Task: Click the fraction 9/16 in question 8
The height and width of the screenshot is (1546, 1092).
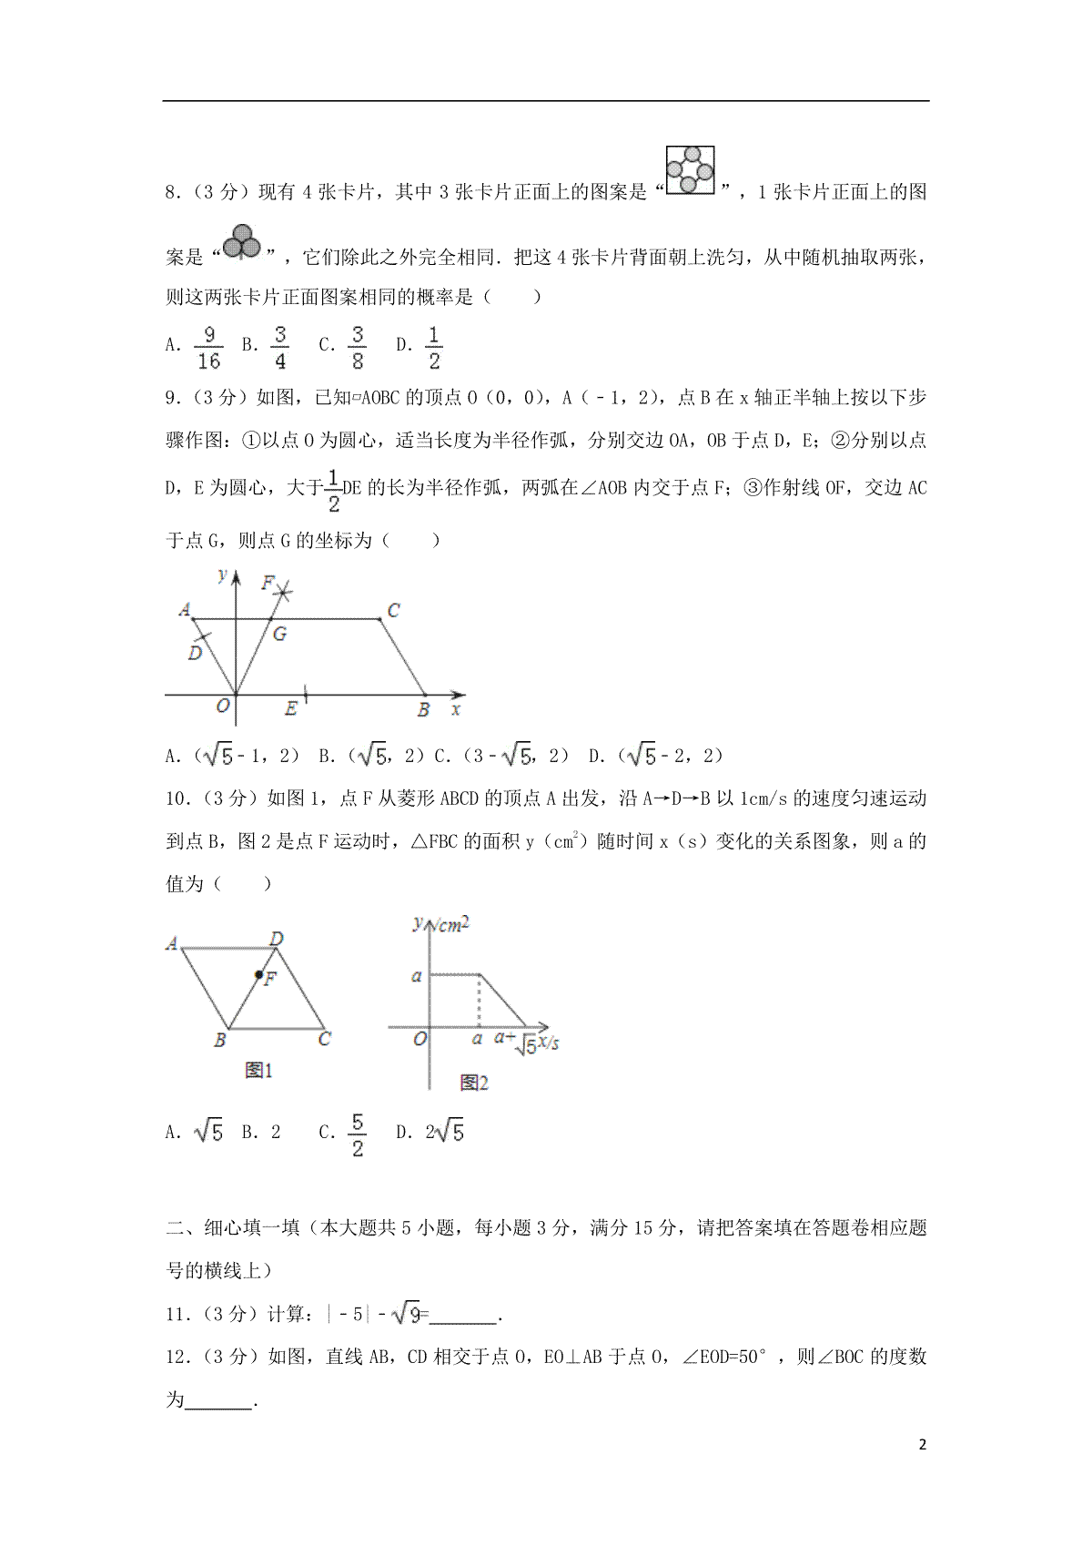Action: [x=208, y=348]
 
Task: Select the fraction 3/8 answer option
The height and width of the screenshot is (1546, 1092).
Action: [x=358, y=348]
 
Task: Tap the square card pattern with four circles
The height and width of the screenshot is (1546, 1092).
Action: [x=690, y=170]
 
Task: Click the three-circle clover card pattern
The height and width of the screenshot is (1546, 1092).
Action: [x=242, y=241]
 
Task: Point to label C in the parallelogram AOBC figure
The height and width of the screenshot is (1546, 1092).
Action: [x=393, y=610]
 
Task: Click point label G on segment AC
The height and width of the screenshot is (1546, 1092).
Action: [x=279, y=634]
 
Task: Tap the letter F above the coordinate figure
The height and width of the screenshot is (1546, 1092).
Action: [x=268, y=582]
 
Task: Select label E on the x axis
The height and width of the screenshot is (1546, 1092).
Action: [x=290, y=708]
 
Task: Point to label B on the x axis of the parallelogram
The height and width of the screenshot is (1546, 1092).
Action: [x=423, y=710]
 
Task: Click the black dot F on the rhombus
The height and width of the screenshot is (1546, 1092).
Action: [x=259, y=975]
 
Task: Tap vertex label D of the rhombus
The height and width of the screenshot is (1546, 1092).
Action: [x=277, y=939]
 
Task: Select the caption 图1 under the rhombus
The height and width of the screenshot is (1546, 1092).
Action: [x=258, y=1071]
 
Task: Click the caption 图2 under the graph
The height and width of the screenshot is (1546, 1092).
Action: [x=474, y=1083]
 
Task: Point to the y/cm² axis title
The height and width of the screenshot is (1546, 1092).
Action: [x=440, y=925]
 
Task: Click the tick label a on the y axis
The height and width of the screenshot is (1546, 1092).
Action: [x=416, y=976]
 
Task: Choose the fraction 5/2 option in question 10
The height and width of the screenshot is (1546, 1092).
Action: [x=358, y=1134]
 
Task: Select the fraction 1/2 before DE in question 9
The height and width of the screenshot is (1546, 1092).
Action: [x=334, y=490]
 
